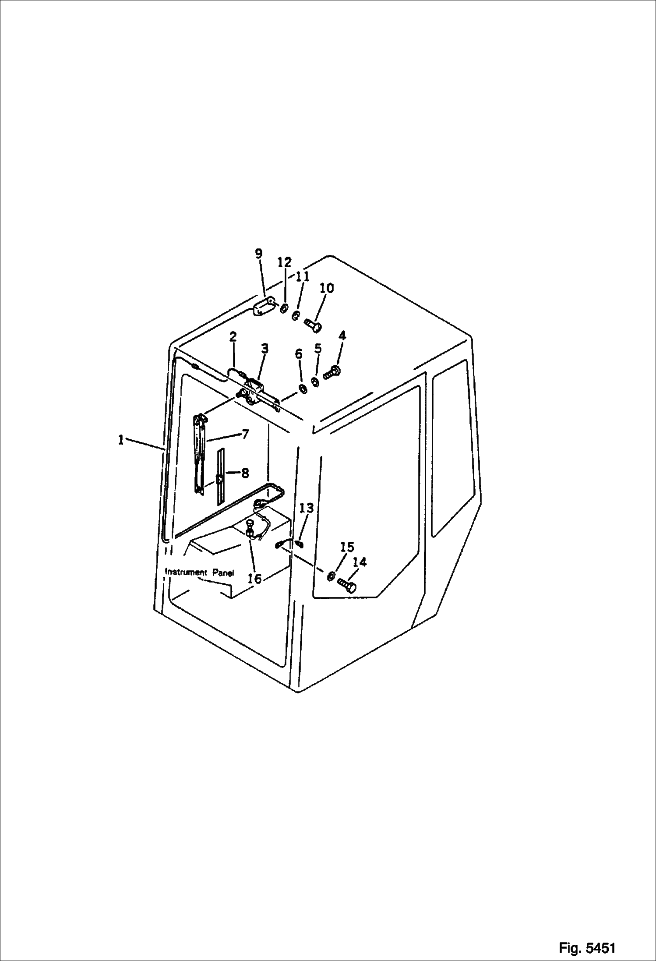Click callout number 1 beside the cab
[120, 440]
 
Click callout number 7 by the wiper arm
[245, 434]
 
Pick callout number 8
[245, 473]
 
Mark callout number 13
[307, 508]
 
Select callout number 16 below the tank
[254, 579]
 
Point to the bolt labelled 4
[333, 374]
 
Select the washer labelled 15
[331, 576]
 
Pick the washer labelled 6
[302, 376]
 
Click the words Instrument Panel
[199, 572]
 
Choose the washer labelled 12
[284, 309]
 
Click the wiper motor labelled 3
[254, 390]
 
